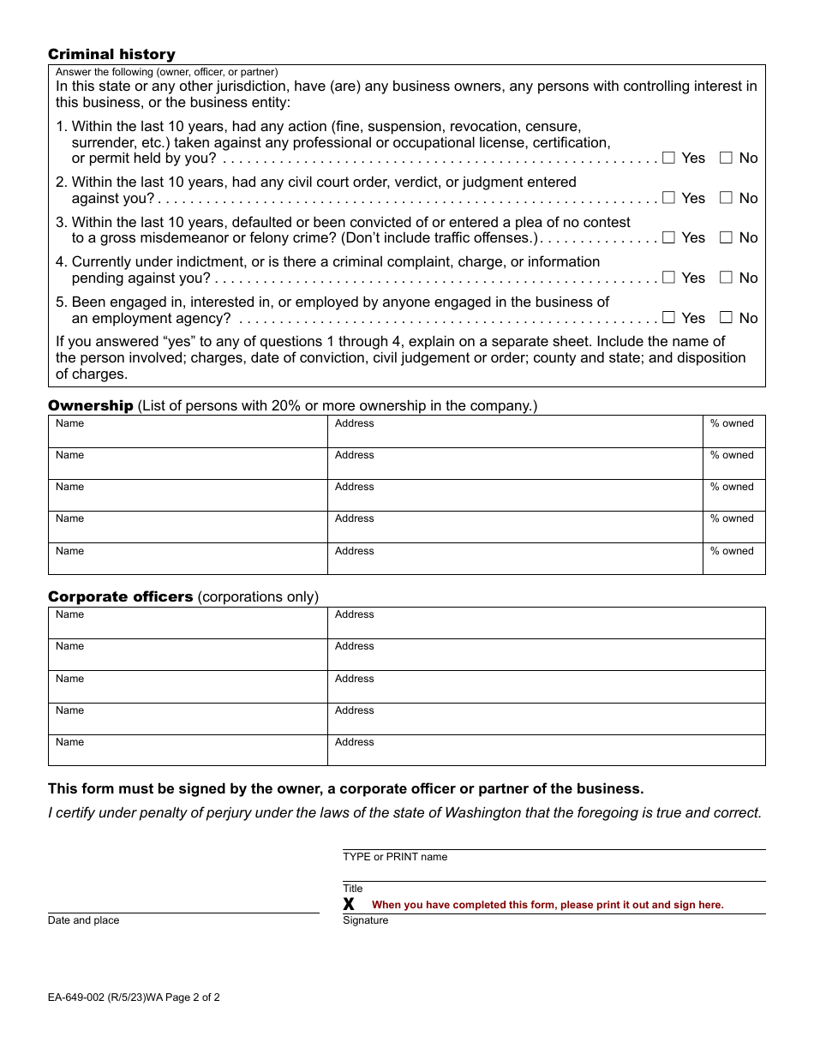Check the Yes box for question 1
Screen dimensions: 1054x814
669,158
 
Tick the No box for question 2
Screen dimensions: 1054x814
726,198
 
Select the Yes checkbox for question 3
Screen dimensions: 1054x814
669,237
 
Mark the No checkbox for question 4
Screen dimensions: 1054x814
726,278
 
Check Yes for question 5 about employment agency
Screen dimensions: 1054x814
669,317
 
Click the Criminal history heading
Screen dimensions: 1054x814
111,55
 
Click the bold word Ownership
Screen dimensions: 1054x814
90,405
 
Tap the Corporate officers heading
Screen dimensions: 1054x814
120,596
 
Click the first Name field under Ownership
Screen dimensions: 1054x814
188,432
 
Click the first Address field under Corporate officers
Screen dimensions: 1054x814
546,623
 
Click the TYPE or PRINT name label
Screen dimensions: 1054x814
395,857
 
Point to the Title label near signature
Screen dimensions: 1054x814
353,889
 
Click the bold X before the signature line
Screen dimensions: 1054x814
349,905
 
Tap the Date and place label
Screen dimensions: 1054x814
83,920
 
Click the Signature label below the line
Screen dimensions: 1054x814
366,920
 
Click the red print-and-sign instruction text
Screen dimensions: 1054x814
548,905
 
